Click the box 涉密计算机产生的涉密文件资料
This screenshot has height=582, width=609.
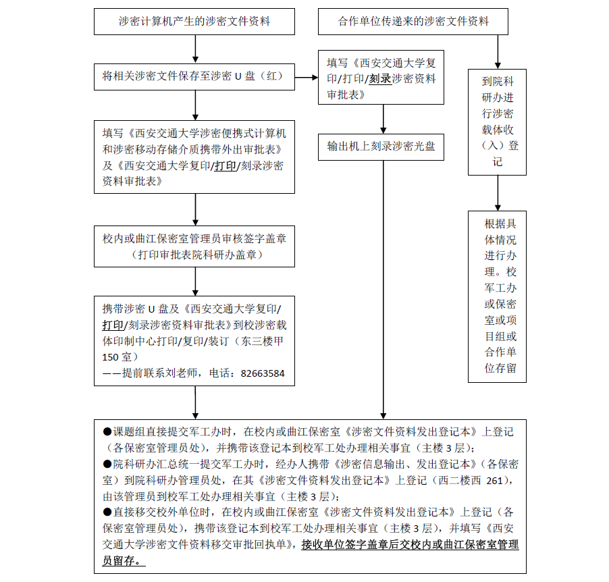tap(194, 21)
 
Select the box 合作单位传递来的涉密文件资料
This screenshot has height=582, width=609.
tap(413, 21)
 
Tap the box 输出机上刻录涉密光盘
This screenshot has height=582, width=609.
tap(381, 147)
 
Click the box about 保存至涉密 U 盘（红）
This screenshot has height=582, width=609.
tap(194, 77)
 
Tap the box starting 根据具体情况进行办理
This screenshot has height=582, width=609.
tap(497, 296)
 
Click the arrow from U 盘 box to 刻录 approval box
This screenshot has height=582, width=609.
tap(307, 78)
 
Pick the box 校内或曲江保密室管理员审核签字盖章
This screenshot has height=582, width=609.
tap(194, 247)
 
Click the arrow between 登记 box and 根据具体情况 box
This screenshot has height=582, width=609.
tap(498, 192)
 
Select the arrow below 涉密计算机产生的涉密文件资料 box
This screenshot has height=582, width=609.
tap(195, 49)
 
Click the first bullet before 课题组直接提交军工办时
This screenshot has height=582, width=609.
tap(107, 431)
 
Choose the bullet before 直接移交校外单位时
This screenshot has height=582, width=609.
tap(107, 512)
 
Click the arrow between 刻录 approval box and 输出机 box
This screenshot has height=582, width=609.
tap(383, 119)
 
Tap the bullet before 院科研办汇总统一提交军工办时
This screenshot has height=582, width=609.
tap(107, 464)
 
